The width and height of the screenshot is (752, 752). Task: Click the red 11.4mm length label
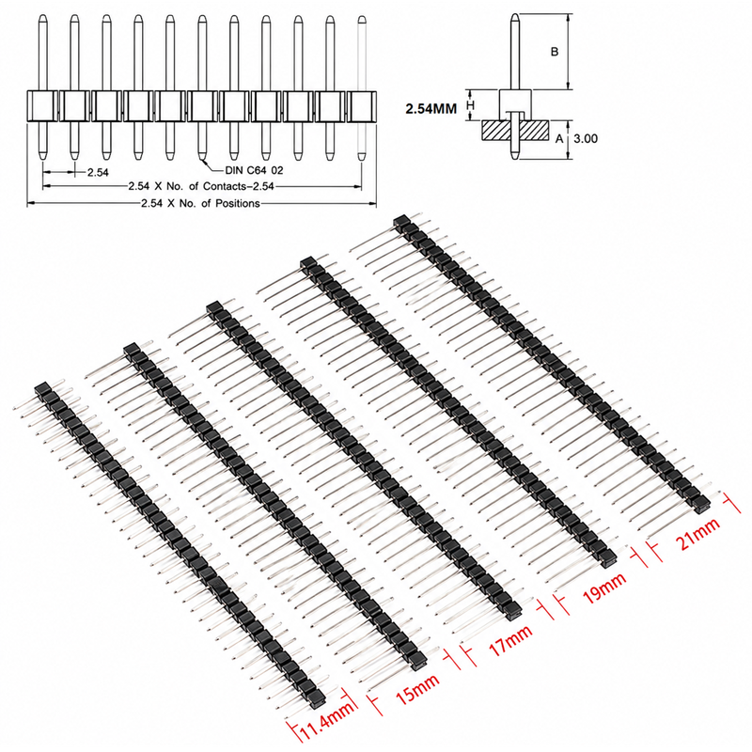click(x=328, y=720)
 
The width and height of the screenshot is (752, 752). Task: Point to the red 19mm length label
click(x=604, y=587)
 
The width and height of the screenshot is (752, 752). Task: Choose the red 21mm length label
click(x=697, y=534)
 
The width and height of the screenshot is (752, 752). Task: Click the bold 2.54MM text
click(x=431, y=109)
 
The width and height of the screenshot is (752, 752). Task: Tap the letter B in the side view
click(x=555, y=52)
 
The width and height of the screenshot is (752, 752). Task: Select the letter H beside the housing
click(x=471, y=104)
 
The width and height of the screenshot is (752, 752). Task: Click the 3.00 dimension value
click(x=586, y=138)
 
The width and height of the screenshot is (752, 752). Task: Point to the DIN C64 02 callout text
click(x=254, y=170)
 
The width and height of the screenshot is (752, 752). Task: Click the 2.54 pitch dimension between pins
click(x=98, y=172)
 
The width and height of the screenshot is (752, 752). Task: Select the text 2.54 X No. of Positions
click(x=200, y=203)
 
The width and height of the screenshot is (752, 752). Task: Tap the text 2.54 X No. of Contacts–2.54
click(x=201, y=186)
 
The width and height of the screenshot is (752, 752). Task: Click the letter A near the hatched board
click(x=559, y=139)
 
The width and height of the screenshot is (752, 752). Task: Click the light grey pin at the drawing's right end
click(x=362, y=87)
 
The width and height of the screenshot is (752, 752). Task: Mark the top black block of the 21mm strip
click(x=401, y=221)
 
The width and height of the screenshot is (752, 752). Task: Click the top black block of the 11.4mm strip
click(x=42, y=388)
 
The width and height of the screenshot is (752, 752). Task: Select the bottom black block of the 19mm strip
click(x=608, y=554)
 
